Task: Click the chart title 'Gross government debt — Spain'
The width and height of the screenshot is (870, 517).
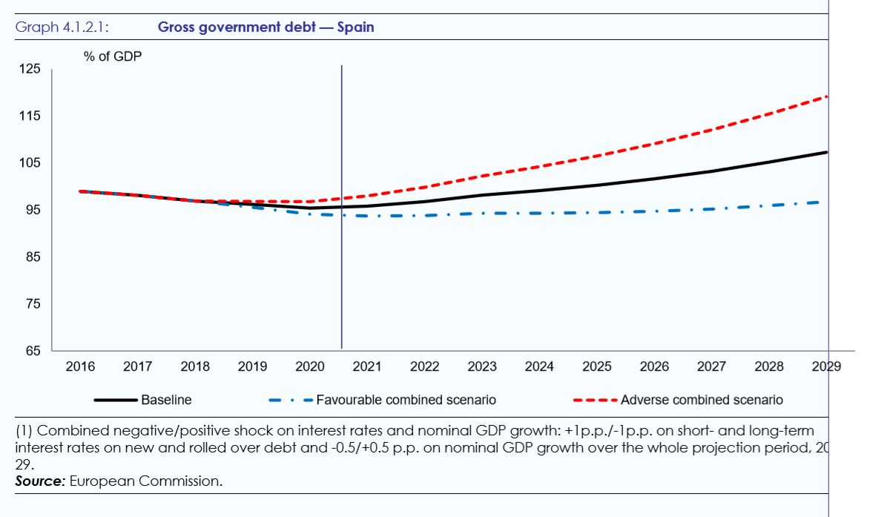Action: coord(266,27)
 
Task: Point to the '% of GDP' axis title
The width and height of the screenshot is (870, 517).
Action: coord(112,56)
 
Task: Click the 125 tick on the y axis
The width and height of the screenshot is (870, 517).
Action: coord(30,69)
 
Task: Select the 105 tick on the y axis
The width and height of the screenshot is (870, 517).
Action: coord(30,163)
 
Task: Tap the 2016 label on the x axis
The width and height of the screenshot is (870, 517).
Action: coord(80,366)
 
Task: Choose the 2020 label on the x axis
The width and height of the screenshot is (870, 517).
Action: coord(310,366)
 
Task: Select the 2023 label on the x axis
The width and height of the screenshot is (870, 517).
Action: coord(482,366)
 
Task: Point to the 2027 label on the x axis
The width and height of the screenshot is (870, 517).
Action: coord(711,366)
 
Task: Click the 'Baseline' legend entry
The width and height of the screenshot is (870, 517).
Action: coord(166,400)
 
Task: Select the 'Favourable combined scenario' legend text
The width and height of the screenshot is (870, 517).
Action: coord(406,400)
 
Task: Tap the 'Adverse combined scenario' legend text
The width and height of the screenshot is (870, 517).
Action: coord(701,400)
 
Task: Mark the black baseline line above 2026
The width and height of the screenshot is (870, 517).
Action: coord(654,178)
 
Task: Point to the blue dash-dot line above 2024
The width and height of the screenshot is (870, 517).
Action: coord(539,213)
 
